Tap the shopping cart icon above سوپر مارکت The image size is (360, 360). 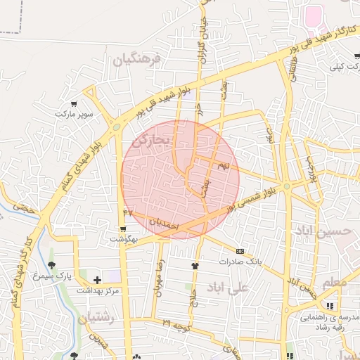coord(75,103)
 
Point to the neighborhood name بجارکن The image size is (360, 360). coord(151,139)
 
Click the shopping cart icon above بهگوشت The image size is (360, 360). coord(124,229)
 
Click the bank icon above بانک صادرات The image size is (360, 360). coord(240,251)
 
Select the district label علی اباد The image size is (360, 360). coord(229,287)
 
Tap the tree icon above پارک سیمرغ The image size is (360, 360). coord(51,265)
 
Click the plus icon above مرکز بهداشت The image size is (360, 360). coord(97,280)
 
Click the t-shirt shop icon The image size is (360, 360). coord(195,266)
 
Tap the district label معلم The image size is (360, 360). coord(335,283)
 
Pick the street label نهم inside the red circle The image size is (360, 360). coord(224,165)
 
